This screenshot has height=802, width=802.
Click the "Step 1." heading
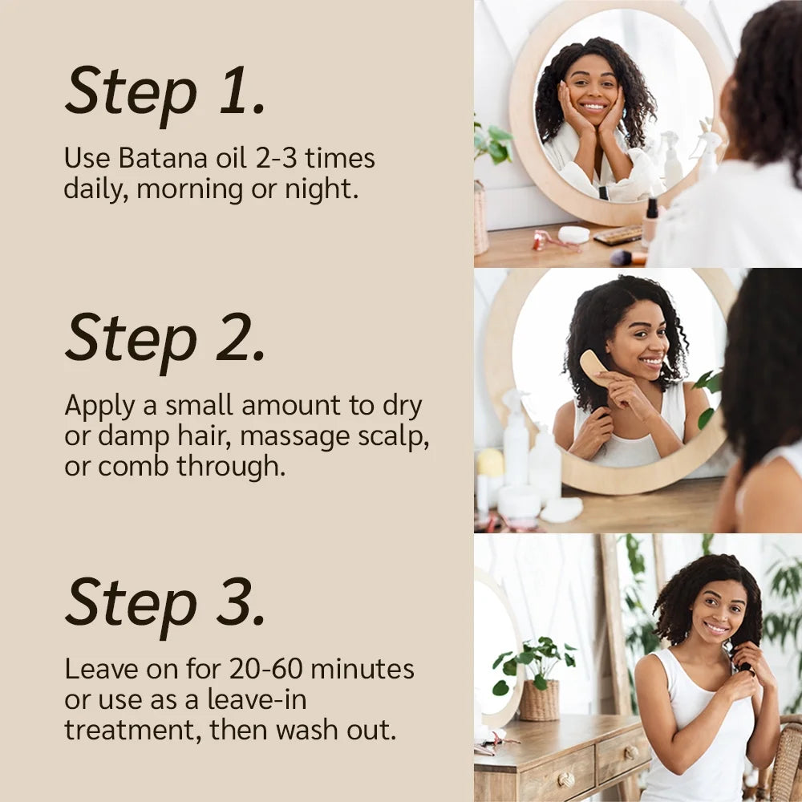(x=164, y=90)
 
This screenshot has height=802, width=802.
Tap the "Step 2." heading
(x=164, y=338)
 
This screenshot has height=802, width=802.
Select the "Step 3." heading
(x=164, y=601)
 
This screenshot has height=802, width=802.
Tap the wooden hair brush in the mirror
(x=594, y=367)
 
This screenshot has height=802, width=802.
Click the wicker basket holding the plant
(x=539, y=700)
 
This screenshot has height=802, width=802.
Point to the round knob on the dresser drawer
(x=567, y=780)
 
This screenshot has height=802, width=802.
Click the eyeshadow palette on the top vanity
(x=618, y=235)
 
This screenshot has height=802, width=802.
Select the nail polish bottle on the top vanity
(x=650, y=219)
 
